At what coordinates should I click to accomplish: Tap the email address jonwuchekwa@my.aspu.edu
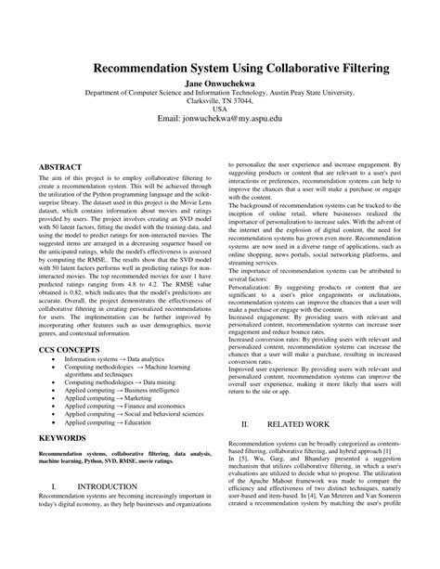(x=219, y=121)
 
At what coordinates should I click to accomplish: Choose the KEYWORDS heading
(x=64, y=436)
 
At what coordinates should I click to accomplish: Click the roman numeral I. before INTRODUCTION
(x=56, y=511)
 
